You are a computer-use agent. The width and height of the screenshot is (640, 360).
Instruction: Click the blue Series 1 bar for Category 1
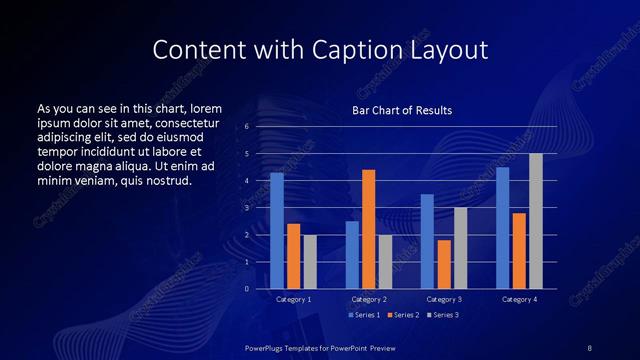click(277, 231)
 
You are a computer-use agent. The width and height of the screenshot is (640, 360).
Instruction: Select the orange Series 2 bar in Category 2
click(368, 229)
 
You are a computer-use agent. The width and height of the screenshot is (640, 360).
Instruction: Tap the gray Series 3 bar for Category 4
click(536, 221)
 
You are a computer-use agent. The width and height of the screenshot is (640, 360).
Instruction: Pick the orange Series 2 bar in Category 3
click(444, 264)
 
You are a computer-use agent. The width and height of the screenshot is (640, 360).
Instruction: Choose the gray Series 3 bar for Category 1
click(310, 262)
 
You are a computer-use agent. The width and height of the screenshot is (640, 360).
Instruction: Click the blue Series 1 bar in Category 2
click(352, 255)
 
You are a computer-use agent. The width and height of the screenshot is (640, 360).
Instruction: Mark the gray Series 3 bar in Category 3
click(460, 248)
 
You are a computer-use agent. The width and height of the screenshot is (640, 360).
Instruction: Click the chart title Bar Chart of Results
click(402, 110)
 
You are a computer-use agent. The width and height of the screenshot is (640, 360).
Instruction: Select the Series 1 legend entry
click(365, 315)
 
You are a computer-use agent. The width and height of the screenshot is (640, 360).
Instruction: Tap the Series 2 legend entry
click(402, 315)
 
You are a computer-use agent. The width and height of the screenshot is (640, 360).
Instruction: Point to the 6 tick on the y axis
click(247, 127)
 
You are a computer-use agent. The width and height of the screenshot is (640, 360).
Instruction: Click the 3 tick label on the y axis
click(247, 208)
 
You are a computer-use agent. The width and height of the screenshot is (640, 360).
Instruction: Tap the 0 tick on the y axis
click(247, 289)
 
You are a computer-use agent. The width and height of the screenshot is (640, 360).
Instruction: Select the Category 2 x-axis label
click(369, 299)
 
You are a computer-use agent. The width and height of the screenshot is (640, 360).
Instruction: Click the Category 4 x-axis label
click(519, 299)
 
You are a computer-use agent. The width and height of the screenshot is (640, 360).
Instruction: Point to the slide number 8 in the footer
click(590, 346)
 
